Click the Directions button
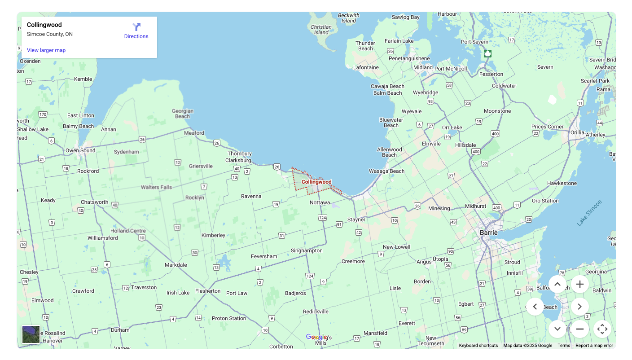pos(136,31)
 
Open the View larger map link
pos(46,50)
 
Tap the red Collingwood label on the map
pos(316,182)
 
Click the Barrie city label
pos(489,233)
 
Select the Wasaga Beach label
pos(386,171)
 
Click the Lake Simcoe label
pos(589,213)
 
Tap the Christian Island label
pos(321,30)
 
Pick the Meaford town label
pos(194,133)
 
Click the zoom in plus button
pos(579,284)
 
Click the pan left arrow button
pos(535,307)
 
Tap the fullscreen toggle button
pos(602,329)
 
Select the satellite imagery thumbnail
pos(31,334)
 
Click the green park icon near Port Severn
pos(487,53)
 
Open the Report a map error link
pos(594,346)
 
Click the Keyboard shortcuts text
pos(478,346)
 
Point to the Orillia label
pos(577,132)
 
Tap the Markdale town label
pos(176,265)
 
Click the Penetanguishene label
pos(409,58)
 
